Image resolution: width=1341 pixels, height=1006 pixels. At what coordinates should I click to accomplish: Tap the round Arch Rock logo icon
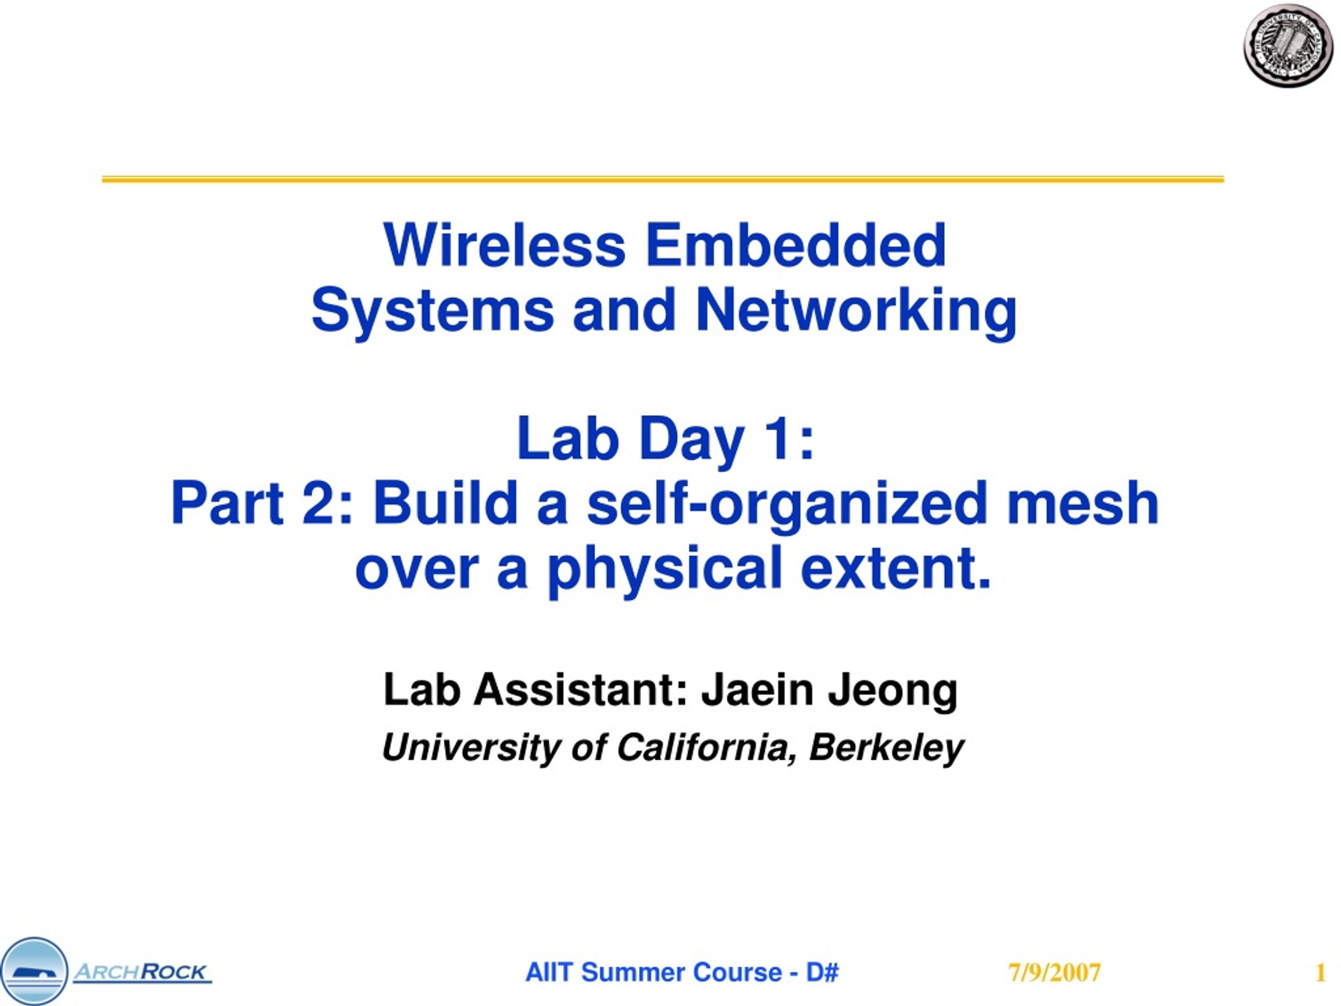(34, 971)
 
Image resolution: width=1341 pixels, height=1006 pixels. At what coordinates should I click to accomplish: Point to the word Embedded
(795, 245)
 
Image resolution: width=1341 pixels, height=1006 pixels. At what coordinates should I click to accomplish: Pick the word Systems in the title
(432, 311)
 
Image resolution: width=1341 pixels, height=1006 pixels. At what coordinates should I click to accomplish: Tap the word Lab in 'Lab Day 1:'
(567, 439)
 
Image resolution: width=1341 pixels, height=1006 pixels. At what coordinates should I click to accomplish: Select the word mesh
(1083, 504)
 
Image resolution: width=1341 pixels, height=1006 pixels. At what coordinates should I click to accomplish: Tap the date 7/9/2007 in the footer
(1054, 972)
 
